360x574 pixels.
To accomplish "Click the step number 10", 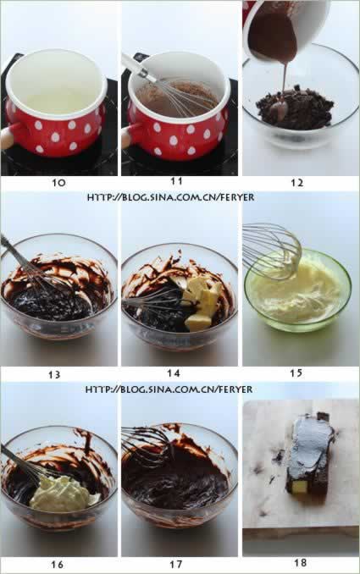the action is [58, 182].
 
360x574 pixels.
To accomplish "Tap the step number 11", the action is [176, 181].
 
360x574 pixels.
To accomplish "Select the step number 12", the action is [297, 182].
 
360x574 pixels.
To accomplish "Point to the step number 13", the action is [54, 374].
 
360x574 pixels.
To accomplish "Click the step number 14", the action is [174, 373].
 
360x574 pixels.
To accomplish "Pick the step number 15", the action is [296, 373].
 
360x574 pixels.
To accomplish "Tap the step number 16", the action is [57, 564].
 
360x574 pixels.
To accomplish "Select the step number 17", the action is [176, 564].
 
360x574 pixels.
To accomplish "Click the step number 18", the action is [301, 562].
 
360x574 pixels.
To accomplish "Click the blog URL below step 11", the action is [170, 197].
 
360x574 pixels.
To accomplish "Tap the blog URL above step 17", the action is [169, 389].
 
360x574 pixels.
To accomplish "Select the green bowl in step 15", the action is [297, 290].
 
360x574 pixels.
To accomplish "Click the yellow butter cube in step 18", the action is [300, 487].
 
